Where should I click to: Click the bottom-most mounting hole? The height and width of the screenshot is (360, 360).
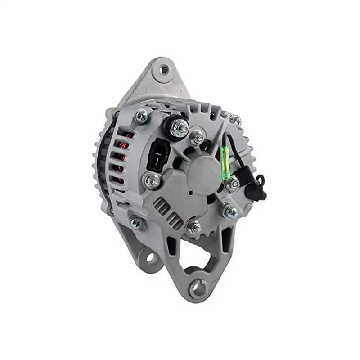coord(198,287)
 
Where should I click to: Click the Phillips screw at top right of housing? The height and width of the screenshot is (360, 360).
coord(235,120)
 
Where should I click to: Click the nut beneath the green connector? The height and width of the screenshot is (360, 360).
coord(233,184)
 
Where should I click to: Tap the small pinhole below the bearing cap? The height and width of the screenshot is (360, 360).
coord(190,193)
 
